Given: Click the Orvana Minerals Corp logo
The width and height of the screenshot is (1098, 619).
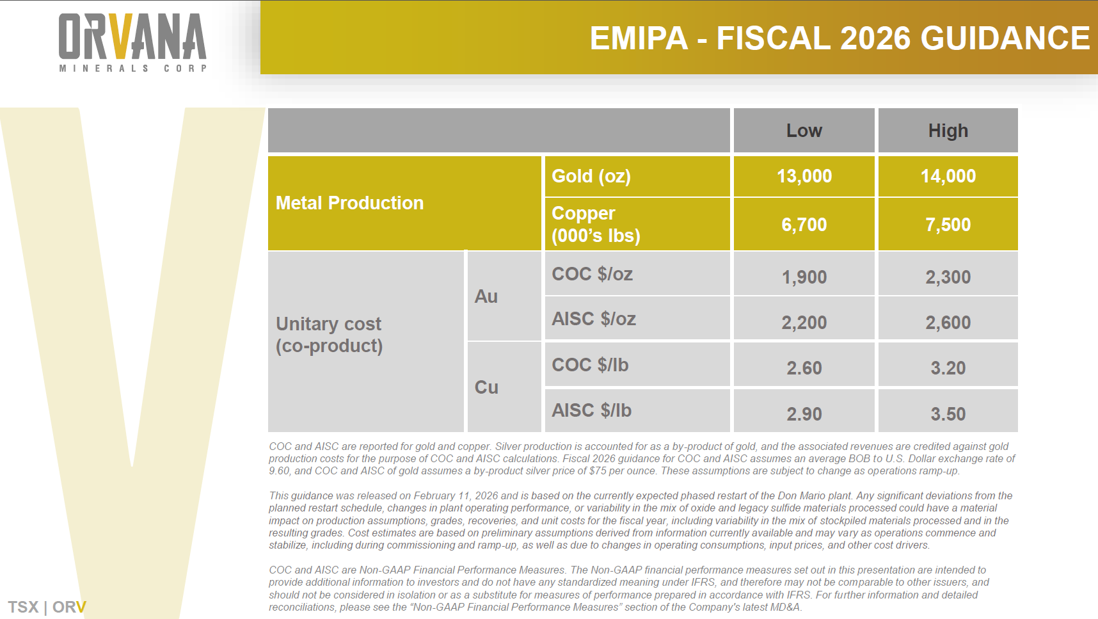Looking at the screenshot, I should click(133, 42).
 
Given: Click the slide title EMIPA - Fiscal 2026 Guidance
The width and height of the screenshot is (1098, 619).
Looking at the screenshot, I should click(839, 38).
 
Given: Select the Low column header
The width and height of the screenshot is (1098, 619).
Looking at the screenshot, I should click(804, 131).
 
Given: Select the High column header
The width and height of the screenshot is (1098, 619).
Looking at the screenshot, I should click(948, 131).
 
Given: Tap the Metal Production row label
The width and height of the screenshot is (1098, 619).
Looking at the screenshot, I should click(349, 203).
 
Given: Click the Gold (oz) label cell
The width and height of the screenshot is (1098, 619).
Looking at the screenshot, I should click(591, 176).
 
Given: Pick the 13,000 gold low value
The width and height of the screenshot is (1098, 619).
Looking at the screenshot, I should click(804, 176).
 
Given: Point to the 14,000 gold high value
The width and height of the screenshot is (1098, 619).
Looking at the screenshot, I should click(948, 176).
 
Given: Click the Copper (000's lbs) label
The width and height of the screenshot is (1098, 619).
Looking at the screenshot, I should click(596, 224).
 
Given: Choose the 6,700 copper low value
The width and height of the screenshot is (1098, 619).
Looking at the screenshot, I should click(804, 225).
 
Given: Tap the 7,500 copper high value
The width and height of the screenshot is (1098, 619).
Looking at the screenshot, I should click(948, 225).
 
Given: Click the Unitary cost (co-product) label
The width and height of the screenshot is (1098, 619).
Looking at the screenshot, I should click(329, 335).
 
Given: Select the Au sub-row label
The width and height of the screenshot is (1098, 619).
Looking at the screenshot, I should click(486, 296).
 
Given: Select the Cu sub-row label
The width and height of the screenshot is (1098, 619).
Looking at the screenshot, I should click(486, 387).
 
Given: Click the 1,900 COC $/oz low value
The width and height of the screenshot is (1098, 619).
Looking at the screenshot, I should click(804, 277).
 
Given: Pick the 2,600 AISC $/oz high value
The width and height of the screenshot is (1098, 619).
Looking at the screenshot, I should click(948, 323).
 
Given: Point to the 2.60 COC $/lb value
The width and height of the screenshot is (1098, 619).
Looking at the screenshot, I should click(804, 368).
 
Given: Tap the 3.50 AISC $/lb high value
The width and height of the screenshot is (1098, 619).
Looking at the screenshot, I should click(948, 414).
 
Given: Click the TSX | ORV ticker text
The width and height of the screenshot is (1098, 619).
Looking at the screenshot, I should click(47, 607).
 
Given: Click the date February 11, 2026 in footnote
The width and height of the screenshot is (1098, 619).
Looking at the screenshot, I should click(456, 496).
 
